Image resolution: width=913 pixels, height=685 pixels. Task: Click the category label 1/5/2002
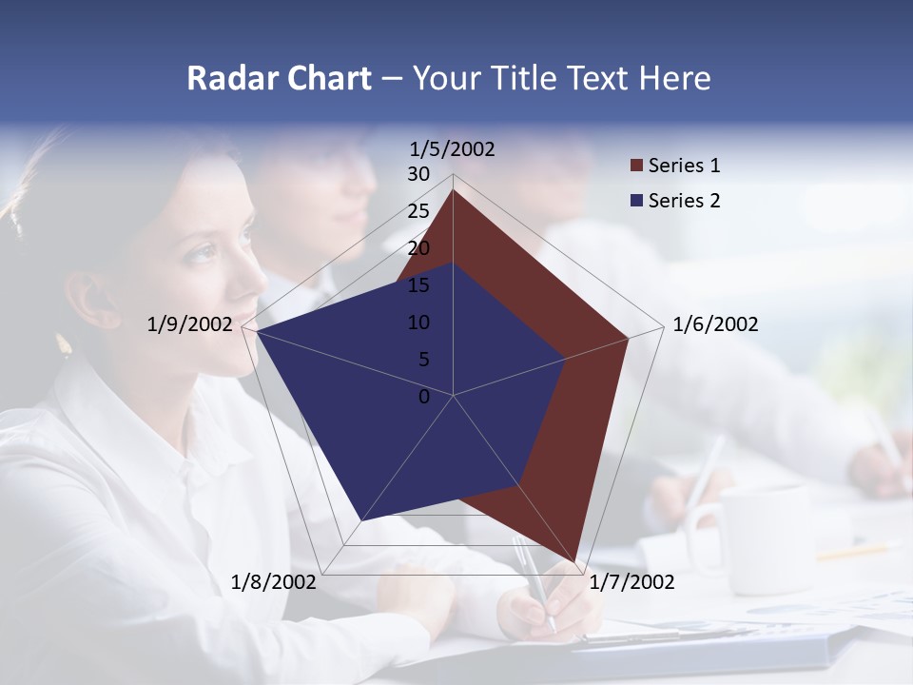point(453,148)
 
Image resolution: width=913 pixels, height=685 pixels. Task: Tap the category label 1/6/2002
point(715,324)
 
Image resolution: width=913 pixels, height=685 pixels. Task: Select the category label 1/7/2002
point(631,582)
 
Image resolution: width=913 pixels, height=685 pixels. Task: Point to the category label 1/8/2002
point(274,582)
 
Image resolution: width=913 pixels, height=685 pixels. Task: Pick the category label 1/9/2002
point(189,324)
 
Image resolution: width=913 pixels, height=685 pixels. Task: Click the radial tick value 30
point(418,174)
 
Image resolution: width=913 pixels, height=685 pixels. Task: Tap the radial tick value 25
point(418,211)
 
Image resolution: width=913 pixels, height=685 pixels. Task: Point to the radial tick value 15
point(418,285)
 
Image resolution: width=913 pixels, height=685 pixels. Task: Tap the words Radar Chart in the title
point(279,78)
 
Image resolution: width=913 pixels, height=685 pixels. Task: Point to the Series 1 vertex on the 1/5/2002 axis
point(454,190)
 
